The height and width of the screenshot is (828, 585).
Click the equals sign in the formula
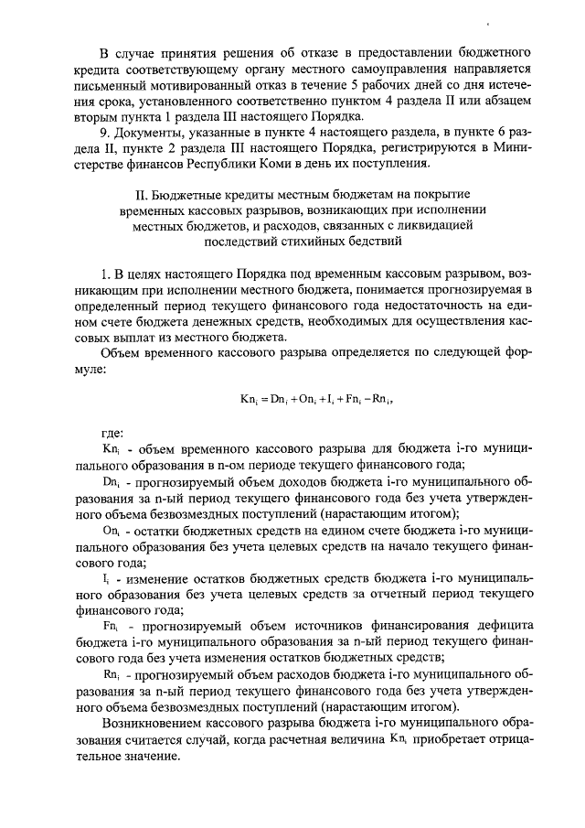pyautogui.click(x=264, y=399)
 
